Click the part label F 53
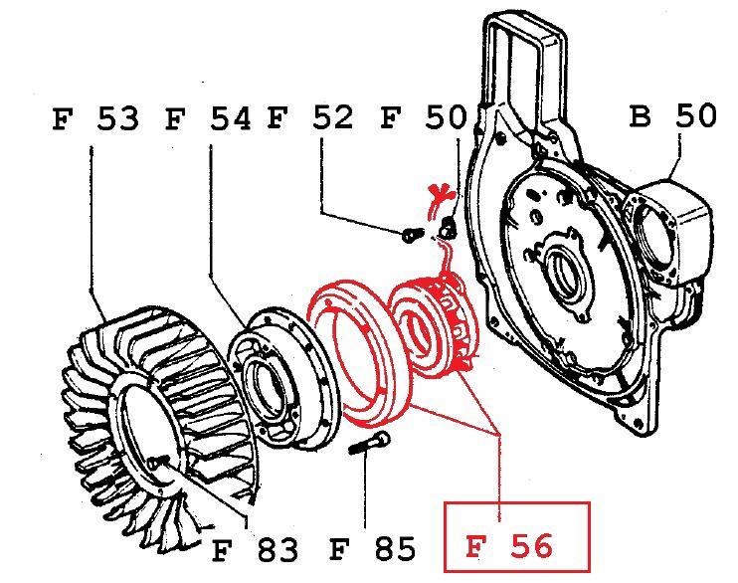[95, 118]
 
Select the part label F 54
[208, 118]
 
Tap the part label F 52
[310, 117]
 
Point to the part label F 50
[423, 117]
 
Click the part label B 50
[673, 115]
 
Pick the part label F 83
[255, 549]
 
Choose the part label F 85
[373, 548]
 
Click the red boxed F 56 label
[517, 538]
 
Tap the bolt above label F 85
[369, 444]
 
